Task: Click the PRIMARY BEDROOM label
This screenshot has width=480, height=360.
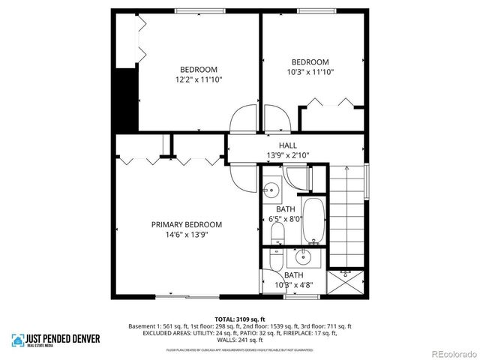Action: [x=187, y=224]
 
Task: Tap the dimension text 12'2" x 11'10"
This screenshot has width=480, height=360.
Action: [x=199, y=79]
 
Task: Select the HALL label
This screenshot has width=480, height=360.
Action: [x=288, y=145]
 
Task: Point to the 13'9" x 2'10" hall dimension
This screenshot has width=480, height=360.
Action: [x=288, y=155]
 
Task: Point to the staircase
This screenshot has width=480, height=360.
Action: [x=349, y=217]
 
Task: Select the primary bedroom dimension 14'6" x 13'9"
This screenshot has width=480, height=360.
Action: [x=187, y=234]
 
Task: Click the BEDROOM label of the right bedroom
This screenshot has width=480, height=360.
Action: [x=310, y=62]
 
